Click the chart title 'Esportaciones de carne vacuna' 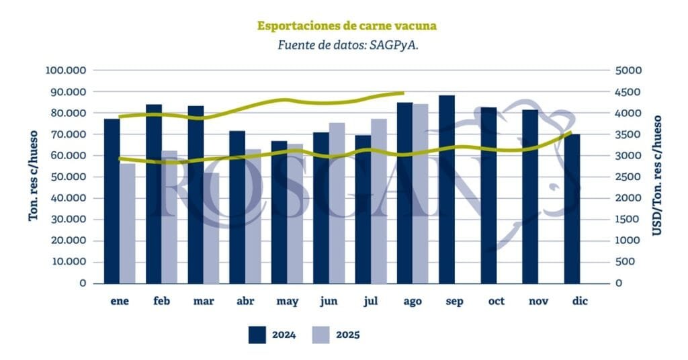click(x=347, y=26)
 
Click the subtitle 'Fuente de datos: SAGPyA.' click(x=347, y=46)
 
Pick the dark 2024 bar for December click(x=572, y=208)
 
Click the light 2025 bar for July click(x=379, y=201)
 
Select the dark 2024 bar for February click(x=154, y=193)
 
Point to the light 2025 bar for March click(x=211, y=228)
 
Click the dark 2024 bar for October click(x=488, y=195)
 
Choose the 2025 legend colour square click(x=321, y=334)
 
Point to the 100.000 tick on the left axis click(x=66, y=71)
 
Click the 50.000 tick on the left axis click(x=69, y=177)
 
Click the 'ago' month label click(x=413, y=302)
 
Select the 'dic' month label click(x=579, y=302)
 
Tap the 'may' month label click(x=288, y=302)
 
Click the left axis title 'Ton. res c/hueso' click(x=32, y=177)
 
